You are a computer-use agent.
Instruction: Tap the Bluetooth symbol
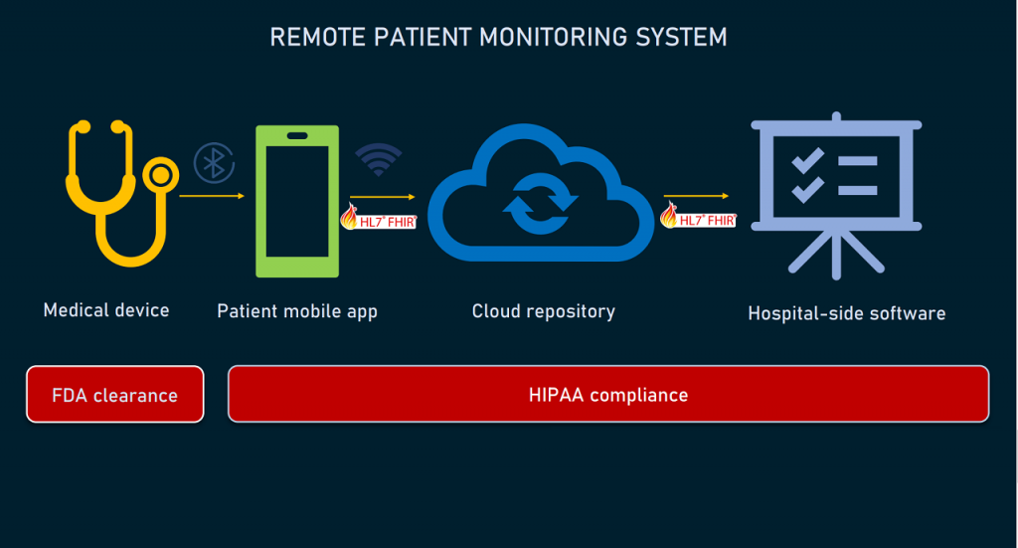pos(212,162)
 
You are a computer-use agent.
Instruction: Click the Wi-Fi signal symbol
pos(378,159)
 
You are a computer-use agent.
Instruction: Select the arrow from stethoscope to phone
pos(212,196)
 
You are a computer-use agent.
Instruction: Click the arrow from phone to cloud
pos(383,197)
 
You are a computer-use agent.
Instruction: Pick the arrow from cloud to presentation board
pos(697,196)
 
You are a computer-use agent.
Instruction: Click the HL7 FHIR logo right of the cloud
pos(698,217)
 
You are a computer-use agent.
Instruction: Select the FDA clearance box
pos(115,395)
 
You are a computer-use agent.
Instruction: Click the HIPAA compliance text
pos(608,395)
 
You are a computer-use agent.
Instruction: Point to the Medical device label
pos(106,310)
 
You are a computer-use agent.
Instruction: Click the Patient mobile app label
pos(297,311)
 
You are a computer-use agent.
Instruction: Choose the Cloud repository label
pos(543,311)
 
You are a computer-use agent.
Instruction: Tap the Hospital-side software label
pos(846,313)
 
